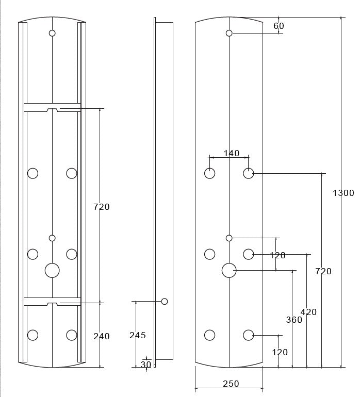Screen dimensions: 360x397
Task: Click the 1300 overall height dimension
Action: [x=343, y=193]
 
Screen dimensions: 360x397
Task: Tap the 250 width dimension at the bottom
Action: [x=231, y=384]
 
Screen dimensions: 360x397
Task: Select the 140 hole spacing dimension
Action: [x=232, y=153]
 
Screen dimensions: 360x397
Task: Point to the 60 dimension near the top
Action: [x=279, y=26]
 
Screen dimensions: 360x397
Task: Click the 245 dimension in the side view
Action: [x=138, y=335]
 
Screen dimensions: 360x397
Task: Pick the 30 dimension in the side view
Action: [x=146, y=365]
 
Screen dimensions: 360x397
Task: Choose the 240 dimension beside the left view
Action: [x=102, y=336]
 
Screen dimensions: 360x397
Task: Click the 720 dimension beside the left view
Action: [x=102, y=207]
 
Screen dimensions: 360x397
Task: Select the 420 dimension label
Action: [x=308, y=312]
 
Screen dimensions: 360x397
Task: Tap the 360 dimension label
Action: [x=294, y=320]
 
